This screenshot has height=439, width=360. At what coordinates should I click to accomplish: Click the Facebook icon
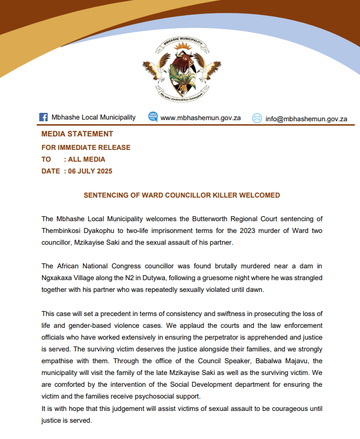(x=43, y=117)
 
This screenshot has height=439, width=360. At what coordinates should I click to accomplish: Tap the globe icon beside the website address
(x=153, y=117)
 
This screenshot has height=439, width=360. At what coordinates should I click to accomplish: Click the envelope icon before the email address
(x=257, y=118)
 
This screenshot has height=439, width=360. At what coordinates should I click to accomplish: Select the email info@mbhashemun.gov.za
(x=306, y=118)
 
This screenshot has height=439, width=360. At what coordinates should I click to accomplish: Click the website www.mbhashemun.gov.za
(x=201, y=118)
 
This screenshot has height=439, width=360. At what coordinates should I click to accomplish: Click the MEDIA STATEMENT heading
(x=77, y=134)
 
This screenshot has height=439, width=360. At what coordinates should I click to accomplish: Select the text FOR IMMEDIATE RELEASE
(x=86, y=148)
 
